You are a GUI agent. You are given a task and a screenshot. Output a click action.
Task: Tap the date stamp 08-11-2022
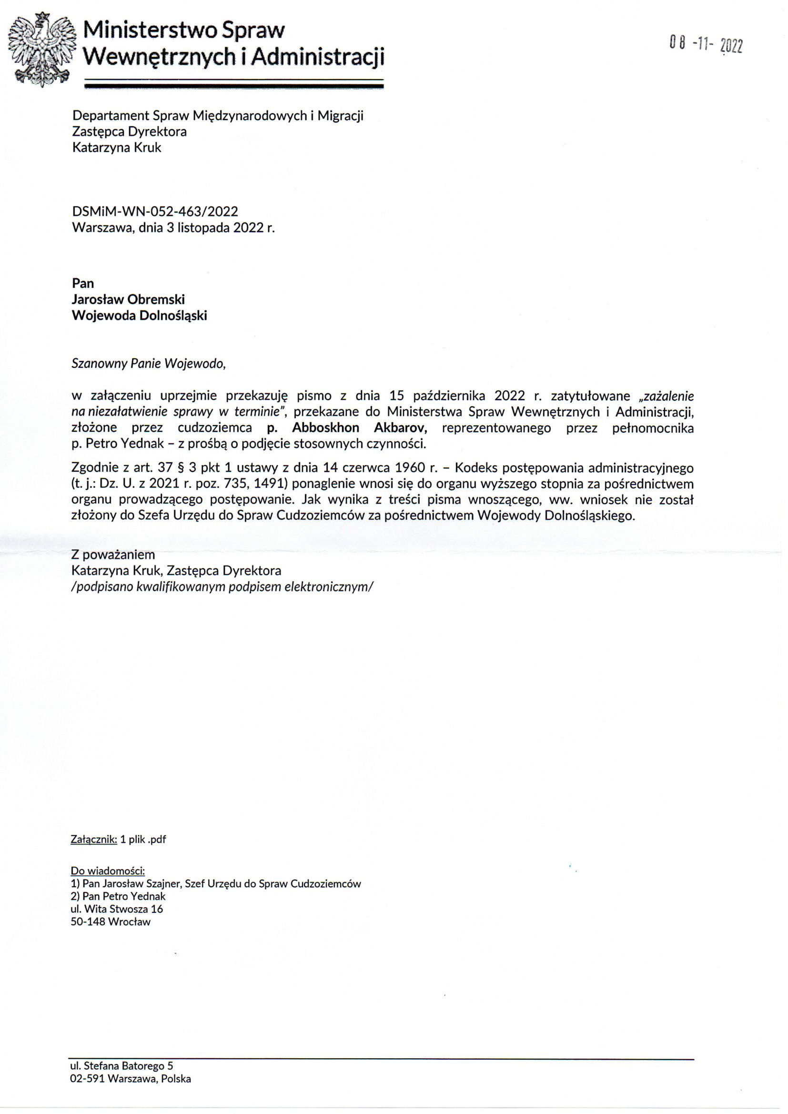pos(706,45)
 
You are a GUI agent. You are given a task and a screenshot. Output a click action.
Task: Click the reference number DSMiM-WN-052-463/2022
pos(155,211)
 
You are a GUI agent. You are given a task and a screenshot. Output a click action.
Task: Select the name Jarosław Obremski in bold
pos(128,299)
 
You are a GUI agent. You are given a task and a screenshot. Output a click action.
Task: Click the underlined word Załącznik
pos(94,840)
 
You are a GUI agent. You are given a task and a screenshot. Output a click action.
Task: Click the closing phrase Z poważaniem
pos(113,555)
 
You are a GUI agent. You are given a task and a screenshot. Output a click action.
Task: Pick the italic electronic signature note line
pos(222,587)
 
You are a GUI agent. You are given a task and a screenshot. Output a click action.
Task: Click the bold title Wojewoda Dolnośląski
pos(139,315)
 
